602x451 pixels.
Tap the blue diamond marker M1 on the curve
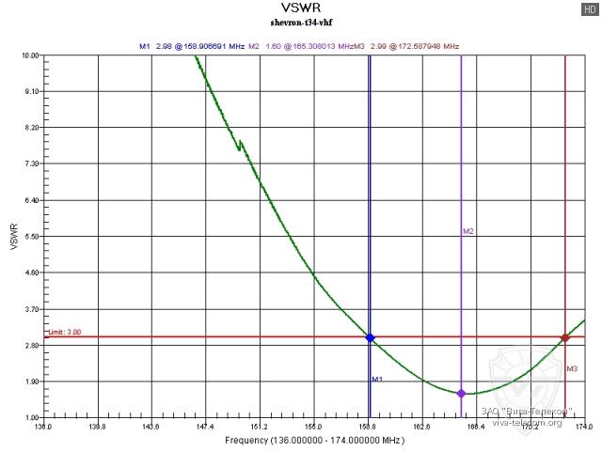(370, 337)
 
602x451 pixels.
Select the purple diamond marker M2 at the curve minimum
(461, 393)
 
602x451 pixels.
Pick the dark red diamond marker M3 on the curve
(564, 337)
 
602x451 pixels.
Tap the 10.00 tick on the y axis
(31, 55)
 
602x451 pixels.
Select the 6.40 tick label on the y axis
(31, 200)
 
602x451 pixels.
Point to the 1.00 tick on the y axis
(31, 418)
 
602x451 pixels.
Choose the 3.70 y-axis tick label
(31, 309)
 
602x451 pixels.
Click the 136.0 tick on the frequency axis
(43, 428)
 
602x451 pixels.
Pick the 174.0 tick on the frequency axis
(584, 428)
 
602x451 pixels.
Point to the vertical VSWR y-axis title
(12, 237)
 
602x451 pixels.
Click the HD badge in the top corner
(589, 8)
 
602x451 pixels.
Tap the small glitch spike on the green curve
(240, 144)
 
